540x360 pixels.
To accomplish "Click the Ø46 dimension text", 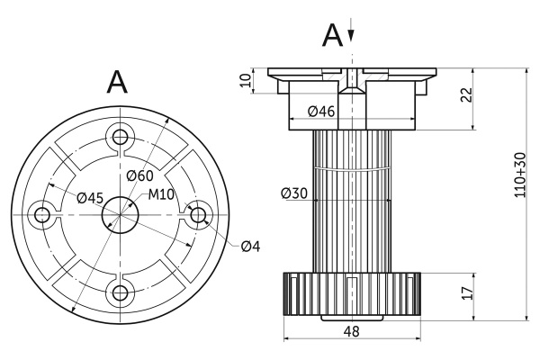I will [x=321, y=112].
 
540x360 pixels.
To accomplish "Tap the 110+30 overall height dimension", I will [x=519, y=174].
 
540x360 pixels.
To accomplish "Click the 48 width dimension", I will [x=352, y=330].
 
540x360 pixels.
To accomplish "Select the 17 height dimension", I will [x=465, y=292].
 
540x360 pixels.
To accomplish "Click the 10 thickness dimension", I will [x=246, y=81].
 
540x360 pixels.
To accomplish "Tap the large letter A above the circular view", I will [x=118, y=82].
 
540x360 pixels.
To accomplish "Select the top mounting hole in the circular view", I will [x=119, y=137].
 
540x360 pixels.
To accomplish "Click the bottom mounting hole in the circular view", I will [x=119, y=292].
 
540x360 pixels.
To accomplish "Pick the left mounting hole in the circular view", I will [x=41, y=214].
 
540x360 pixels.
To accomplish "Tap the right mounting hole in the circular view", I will [x=196, y=214].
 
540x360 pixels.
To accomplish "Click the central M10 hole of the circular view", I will [x=119, y=214].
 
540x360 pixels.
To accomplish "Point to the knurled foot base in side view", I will [x=352, y=293].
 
